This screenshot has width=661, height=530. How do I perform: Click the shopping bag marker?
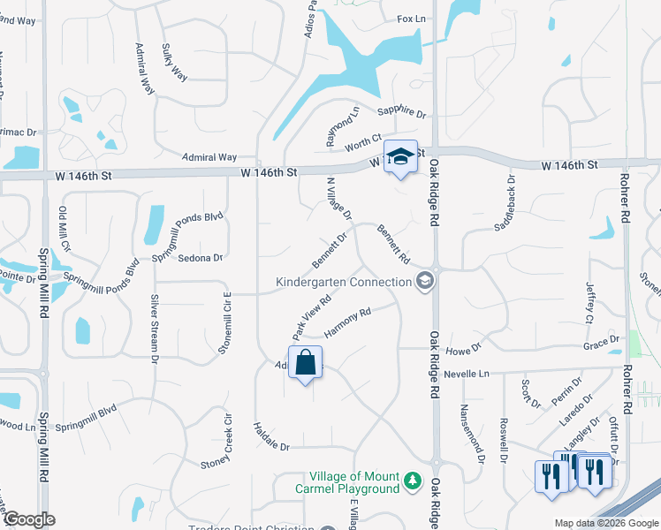click(305, 363)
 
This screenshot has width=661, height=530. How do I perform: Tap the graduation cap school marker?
click(400, 156)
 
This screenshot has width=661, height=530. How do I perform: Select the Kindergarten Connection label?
click(344, 282)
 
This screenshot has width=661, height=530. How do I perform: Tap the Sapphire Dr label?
click(402, 113)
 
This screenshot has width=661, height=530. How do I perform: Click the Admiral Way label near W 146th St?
click(209, 157)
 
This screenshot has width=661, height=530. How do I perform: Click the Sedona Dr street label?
click(200, 258)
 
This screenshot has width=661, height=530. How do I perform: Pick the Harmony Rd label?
click(346, 322)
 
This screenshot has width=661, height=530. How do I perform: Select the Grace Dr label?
click(601, 341)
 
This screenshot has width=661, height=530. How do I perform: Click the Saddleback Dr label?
click(503, 201)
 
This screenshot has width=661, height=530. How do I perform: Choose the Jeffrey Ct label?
click(590, 302)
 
